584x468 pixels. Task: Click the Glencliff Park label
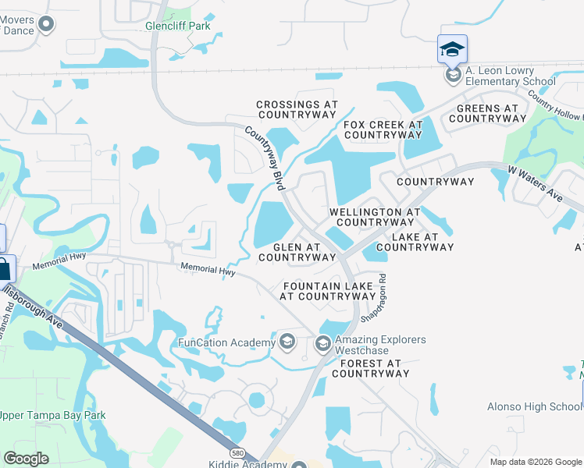click(179, 26)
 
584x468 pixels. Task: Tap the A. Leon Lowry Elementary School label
click(511, 76)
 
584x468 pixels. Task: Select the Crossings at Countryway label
click(297, 109)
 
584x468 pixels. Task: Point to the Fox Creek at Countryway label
click(383, 129)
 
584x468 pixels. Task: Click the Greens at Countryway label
click(487, 113)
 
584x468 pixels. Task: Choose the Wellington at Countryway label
click(375, 217)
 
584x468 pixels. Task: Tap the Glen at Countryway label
click(297, 252)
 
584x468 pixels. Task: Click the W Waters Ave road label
click(535, 182)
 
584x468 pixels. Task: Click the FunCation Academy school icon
click(287, 342)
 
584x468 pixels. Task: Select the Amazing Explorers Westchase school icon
click(322, 343)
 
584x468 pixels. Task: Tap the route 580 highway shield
click(236, 452)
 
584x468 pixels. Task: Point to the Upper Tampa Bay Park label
click(52, 414)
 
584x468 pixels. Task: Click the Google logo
click(27, 459)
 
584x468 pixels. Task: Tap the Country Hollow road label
click(554, 105)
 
